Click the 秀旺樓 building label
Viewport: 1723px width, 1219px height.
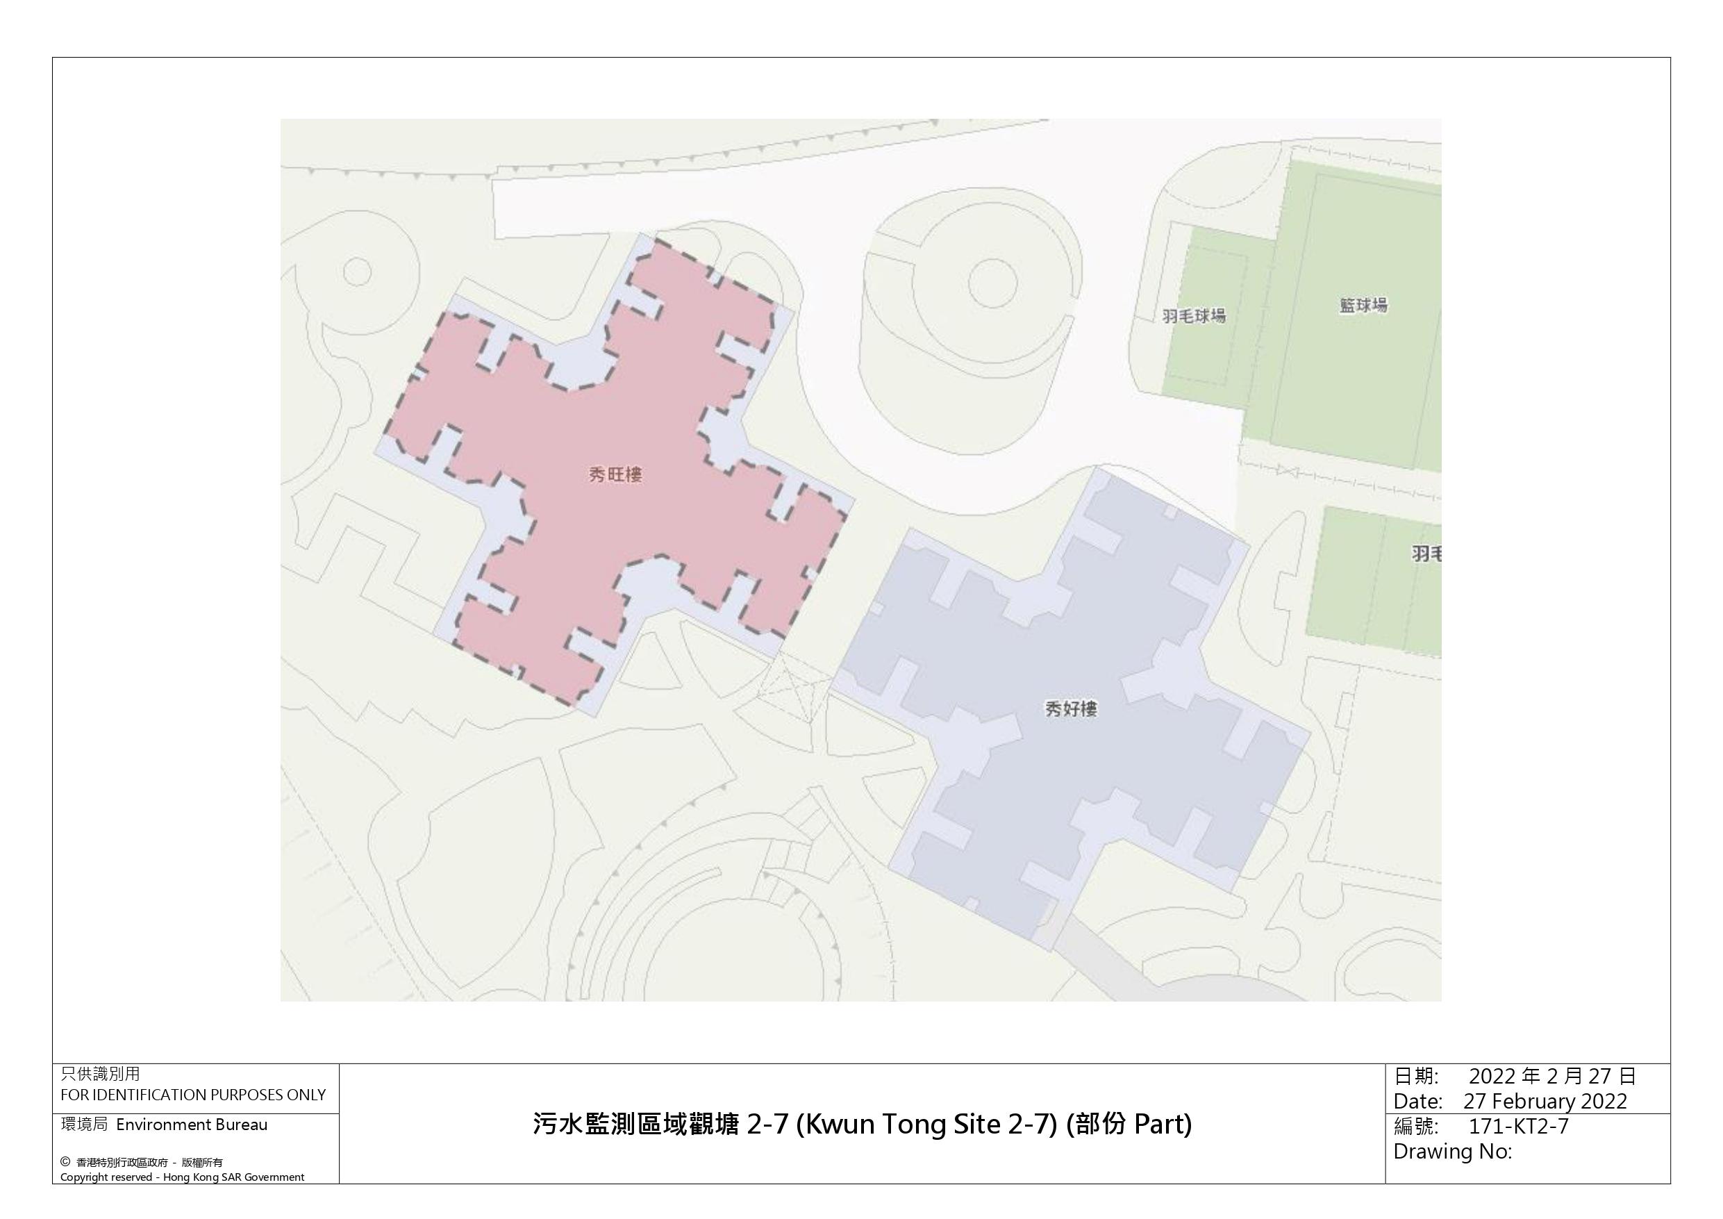point(615,475)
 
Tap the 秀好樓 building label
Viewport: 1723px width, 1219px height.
point(1071,709)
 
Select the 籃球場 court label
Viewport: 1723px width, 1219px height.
point(1363,306)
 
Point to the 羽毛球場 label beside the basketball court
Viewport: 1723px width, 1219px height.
point(1194,316)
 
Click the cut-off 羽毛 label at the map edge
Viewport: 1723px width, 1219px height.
point(1426,554)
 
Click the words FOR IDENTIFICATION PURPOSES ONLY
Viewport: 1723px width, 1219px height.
point(193,1095)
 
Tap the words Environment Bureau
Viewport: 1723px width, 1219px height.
point(192,1125)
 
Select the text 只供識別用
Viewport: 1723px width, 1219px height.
point(100,1074)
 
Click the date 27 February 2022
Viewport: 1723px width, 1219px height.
point(1545,1101)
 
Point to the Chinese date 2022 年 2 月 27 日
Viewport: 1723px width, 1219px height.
point(1552,1077)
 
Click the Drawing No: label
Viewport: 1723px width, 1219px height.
point(1452,1151)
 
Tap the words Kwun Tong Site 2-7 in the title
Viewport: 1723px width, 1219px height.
point(920,1125)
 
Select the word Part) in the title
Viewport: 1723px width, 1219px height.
point(1163,1125)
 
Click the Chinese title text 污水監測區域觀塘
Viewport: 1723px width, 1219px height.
point(636,1125)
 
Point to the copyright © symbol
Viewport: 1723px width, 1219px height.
point(65,1162)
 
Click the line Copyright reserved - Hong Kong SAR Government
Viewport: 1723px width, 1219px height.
point(183,1177)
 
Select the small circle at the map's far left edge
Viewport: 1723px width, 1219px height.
point(357,271)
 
